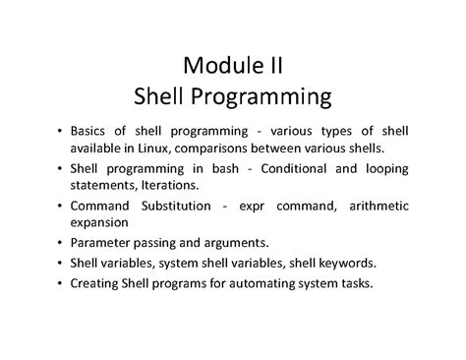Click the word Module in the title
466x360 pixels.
point(216,68)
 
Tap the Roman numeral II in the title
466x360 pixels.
point(273,68)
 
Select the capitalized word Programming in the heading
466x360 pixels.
point(268,97)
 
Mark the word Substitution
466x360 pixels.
point(177,206)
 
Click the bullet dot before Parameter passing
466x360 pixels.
point(60,243)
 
